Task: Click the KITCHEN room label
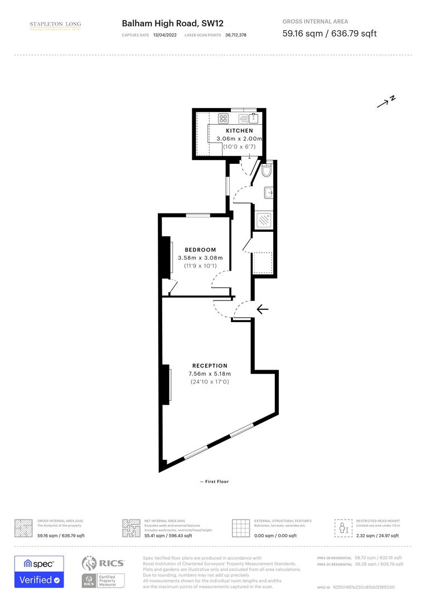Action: coord(239,130)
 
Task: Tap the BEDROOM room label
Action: coord(200,250)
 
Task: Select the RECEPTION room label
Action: coord(210,366)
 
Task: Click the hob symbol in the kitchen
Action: coord(224,118)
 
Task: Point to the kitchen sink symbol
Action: coord(254,118)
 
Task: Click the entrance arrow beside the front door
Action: coord(262,309)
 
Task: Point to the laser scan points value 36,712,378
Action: coord(236,35)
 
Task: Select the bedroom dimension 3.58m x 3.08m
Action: coord(200,258)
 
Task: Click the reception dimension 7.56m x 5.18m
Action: coord(210,373)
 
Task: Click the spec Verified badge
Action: coord(39,571)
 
